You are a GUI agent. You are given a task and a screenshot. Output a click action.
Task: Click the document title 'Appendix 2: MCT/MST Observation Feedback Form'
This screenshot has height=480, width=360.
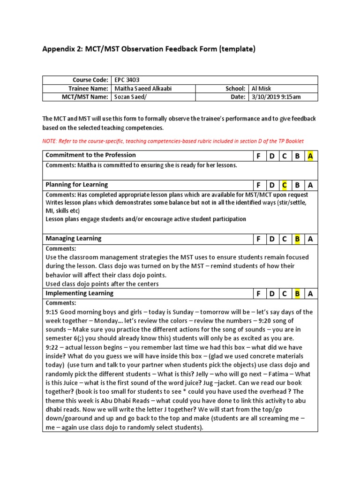(x=149, y=49)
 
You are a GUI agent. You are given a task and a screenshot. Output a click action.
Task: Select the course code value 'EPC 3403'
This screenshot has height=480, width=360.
(x=127, y=80)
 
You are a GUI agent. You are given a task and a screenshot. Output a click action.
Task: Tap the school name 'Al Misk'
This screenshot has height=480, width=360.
(x=262, y=89)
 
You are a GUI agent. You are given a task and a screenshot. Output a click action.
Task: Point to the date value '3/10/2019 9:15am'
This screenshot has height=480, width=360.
(x=277, y=97)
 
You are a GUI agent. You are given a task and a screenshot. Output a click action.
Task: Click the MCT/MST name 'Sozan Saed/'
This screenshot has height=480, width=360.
(x=129, y=97)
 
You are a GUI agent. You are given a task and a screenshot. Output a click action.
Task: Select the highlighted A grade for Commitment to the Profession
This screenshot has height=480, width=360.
(x=310, y=156)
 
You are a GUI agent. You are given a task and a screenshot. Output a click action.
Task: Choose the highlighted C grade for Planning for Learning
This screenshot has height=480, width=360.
(x=284, y=185)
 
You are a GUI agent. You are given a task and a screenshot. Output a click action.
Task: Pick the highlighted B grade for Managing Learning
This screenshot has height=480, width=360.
(x=297, y=239)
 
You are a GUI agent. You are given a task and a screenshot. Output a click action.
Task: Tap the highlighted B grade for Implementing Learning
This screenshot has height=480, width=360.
(x=297, y=294)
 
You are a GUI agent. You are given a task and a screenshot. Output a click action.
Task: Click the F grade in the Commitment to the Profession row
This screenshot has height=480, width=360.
(x=258, y=156)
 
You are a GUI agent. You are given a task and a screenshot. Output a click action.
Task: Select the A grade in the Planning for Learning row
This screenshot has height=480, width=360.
(x=310, y=185)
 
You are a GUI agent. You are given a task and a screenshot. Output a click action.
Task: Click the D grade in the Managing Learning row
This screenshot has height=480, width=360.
(x=271, y=239)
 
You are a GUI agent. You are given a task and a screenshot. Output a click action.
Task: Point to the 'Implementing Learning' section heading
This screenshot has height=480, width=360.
(x=79, y=293)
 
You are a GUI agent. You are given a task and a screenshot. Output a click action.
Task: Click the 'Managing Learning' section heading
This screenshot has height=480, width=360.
(x=73, y=239)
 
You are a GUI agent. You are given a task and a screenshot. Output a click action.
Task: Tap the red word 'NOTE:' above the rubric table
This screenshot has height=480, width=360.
(x=51, y=141)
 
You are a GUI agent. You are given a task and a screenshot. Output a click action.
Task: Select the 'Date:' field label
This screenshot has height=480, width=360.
(x=238, y=97)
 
